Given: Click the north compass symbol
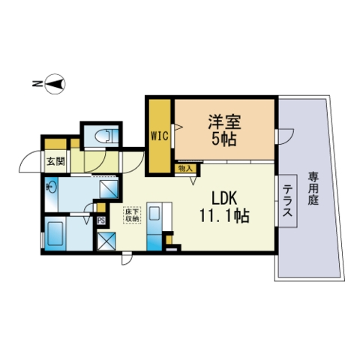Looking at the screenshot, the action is click(x=55, y=84).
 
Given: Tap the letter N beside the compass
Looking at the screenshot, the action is click(x=37, y=84).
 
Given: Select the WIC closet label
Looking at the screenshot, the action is click(x=159, y=136).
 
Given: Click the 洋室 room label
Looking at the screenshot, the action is click(x=224, y=122).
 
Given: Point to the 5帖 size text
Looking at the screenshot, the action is click(x=224, y=139).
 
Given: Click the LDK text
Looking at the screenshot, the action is click(x=224, y=199).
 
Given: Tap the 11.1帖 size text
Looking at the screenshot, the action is click(x=224, y=215).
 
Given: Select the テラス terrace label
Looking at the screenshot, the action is click(x=287, y=200).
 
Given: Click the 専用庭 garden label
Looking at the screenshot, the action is click(x=313, y=188).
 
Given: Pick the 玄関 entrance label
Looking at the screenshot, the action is click(x=55, y=161).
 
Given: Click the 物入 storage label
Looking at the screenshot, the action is click(x=185, y=169).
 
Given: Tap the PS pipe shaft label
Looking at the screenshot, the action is click(x=101, y=220).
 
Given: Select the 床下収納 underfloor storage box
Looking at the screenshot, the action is click(x=132, y=215).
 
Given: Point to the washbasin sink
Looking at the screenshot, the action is click(x=52, y=187).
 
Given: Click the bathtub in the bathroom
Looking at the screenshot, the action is click(x=55, y=233).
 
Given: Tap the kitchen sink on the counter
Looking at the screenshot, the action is click(x=154, y=212).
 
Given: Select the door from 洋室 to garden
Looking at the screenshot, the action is click(x=286, y=136).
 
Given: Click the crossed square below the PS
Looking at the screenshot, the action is click(x=106, y=241).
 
